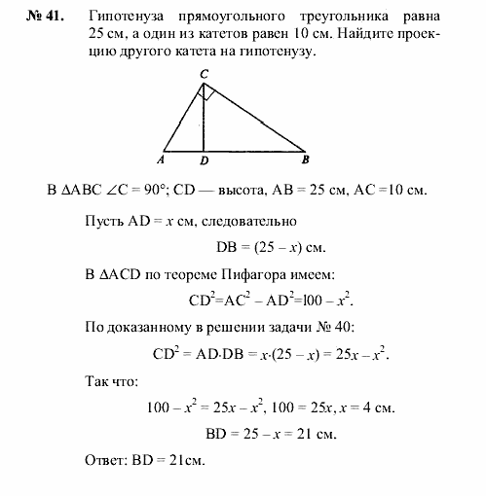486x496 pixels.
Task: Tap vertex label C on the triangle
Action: click(x=203, y=74)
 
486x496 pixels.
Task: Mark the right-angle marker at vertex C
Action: click(x=208, y=93)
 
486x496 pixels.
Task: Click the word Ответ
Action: click(x=106, y=460)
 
